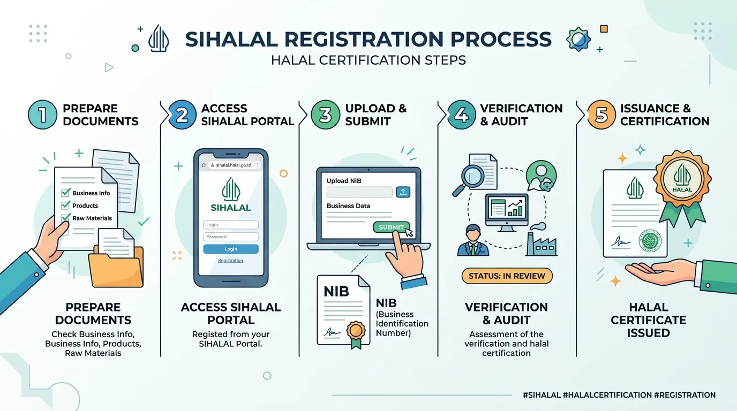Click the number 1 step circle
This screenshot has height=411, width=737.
pos(42,115)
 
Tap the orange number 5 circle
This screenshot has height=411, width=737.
pos(601,115)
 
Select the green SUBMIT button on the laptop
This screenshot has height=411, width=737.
pos(391,227)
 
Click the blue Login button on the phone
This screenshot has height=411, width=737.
pos(231,249)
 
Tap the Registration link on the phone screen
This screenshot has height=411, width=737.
pos(231,261)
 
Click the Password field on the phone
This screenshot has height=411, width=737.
pos(231,237)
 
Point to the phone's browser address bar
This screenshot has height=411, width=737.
pos(233,165)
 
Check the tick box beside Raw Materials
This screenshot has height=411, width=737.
pos(65,218)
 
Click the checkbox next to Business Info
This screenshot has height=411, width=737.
pos(65,193)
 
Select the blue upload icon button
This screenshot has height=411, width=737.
pos(403,192)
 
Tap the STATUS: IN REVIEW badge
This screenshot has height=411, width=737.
pos(507,276)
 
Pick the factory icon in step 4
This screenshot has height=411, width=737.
pos(541,240)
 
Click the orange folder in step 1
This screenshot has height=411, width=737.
pos(116,267)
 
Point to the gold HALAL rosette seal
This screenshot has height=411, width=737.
pos(682,179)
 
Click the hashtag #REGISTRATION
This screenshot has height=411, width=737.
pos(685,395)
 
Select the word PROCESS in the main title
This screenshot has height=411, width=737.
pos(500,40)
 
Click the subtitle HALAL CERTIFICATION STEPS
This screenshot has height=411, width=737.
pos(368,60)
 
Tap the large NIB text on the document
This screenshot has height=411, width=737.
pos(336,291)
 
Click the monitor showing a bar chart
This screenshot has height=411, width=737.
pos(507,210)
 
